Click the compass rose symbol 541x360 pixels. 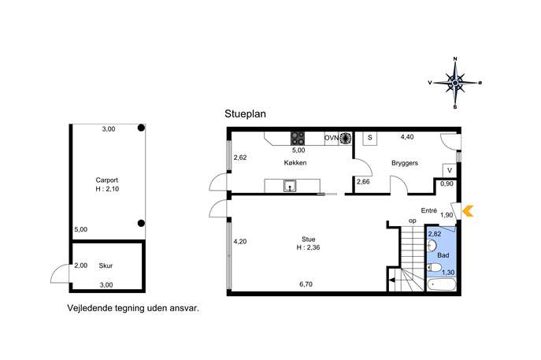[x=455, y=83]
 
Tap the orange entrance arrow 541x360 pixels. [x=468, y=211]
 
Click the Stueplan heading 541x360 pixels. [x=246, y=114]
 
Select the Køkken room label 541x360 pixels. [x=295, y=163]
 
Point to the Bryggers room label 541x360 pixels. [x=405, y=163]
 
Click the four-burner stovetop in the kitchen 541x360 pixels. [x=298, y=139]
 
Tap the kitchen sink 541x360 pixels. [x=290, y=186]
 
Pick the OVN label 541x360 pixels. [x=332, y=138]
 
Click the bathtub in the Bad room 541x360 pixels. [x=441, y=285]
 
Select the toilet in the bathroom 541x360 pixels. [x=434, y=267]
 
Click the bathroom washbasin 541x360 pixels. [x=432, y=246]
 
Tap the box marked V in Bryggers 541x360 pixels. [x=450, y=170]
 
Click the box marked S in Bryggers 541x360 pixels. [x=370, y=138]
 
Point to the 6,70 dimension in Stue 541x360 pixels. [x=306, y=284]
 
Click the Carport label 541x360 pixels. [x=107, y=180]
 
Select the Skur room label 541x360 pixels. [x=106, y=265]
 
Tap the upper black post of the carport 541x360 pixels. [x=141, y=128]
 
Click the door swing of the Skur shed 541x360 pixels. [x=59, y=273]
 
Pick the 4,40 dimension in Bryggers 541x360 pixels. [x=407, y=137]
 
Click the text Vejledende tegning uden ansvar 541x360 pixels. [x=133, y=308]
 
